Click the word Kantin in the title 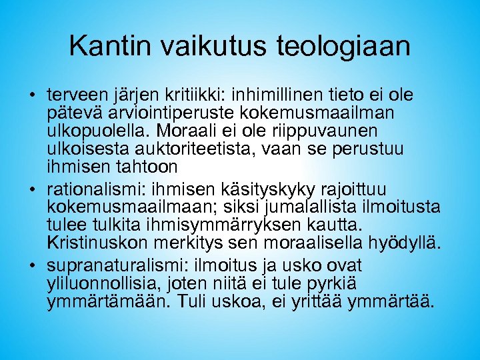click(111, 46)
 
